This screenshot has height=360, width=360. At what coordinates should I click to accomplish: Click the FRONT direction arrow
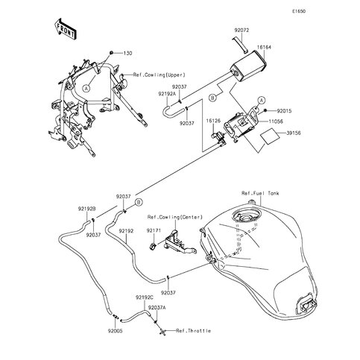pos(65,29)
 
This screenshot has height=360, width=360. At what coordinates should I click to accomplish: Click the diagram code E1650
pos(299,11)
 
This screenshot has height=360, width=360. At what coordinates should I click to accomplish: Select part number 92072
pos(241,30)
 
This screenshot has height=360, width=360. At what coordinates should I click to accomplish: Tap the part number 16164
pos(264,47)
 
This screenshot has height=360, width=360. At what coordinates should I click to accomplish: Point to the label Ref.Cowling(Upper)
pos(160,75)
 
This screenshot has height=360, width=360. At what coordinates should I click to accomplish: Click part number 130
pos(127,53)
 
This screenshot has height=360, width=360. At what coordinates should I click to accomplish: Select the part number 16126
pos(213,121)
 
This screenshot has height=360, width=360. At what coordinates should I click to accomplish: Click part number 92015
pos(284,111)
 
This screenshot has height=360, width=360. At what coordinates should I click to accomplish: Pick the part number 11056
pos(276,121)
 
